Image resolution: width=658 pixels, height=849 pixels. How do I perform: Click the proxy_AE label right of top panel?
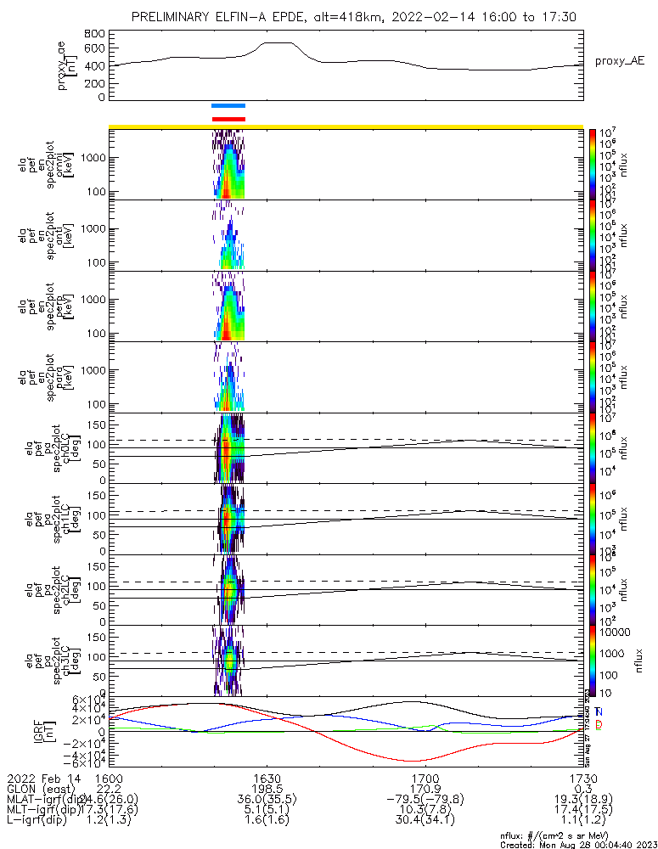click(619, 62)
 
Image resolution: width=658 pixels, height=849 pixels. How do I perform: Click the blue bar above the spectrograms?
click(228, 106)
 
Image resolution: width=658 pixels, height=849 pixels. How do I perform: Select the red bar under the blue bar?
click(228, 119)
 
